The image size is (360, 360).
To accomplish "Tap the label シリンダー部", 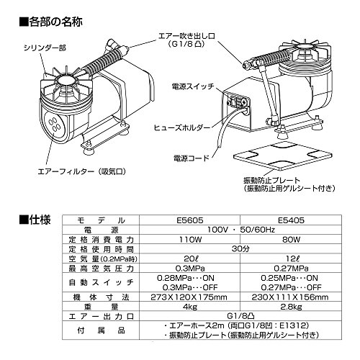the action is (45, 48).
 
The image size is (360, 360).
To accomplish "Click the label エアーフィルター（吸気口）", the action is (82, 171).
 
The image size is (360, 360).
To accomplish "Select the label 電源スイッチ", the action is (193, 86).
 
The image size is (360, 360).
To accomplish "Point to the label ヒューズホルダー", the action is (182, 127).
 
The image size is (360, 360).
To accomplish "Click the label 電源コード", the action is (192, 158).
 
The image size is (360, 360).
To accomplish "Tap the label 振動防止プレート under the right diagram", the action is (271, 180).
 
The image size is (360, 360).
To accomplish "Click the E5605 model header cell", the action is (189, 220).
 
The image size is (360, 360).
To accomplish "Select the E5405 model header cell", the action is (291, 220).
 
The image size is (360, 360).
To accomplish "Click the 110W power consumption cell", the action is (189, 239).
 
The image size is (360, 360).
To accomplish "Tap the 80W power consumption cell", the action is (291, 239).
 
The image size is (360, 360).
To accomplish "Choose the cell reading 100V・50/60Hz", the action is (240, 230).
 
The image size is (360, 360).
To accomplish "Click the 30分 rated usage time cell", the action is (240, 249).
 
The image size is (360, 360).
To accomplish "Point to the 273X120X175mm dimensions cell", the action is (189, 297).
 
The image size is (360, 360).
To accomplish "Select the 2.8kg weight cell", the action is (291, 307).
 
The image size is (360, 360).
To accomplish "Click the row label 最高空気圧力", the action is (101, 268).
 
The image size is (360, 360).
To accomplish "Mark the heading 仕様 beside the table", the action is (35, 220).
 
